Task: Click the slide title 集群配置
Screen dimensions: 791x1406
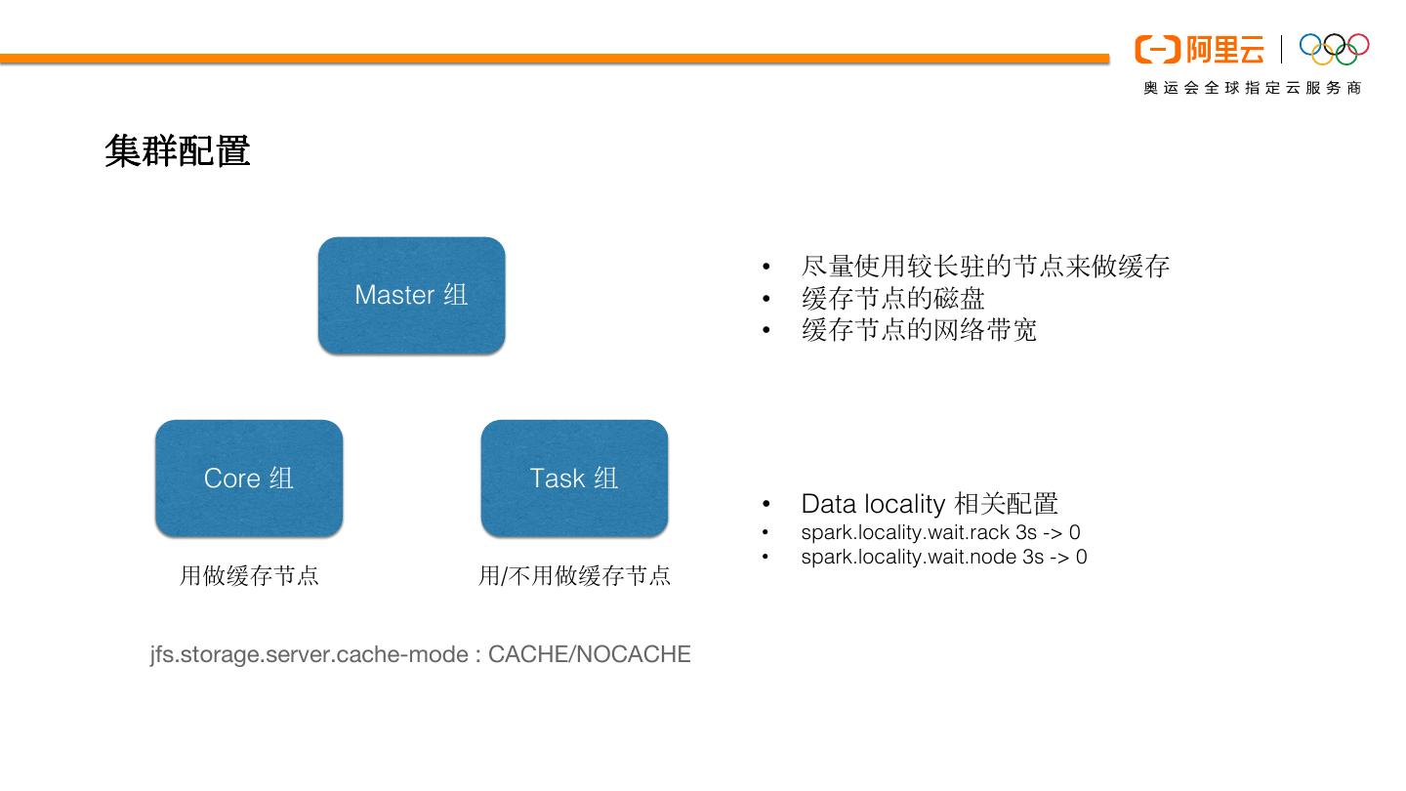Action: pyautogui.click(x=178, y=151)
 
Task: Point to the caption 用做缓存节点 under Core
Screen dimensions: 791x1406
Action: pyautogui.click(x=249, y=575)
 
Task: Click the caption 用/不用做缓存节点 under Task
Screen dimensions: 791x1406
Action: pyautogui.click(x=574, y=575)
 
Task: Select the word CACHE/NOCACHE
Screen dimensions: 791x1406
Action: pyautogui.click(x=589, y=654)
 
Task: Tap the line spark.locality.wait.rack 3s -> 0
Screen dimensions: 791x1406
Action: pyautogui.click(x=940, y=532)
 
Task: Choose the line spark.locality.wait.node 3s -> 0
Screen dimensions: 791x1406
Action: pyautogui.click(x=943, y=557)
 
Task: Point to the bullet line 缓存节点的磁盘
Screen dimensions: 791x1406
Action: pyautogui.click(x=892, y=298)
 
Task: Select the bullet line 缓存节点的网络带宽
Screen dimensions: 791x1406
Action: pyautogui.click(x=919, y=330)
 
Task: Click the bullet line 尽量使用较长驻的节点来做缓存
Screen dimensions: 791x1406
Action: pyautogui.click(x=984, y=266)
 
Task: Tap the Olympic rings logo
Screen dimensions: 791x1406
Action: pyautogui.click(x=1334, y=48)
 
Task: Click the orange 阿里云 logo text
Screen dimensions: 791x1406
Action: pyautogui.click(x=1225, y=49)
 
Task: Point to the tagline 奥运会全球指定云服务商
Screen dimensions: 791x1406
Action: pyautogui.click(x=1253, y=88)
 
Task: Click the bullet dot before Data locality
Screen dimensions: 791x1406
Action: pyautogui.click(x=766, y=505)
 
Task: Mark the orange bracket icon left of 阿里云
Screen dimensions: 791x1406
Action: pyautogui.click(x=1157, y=49)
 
